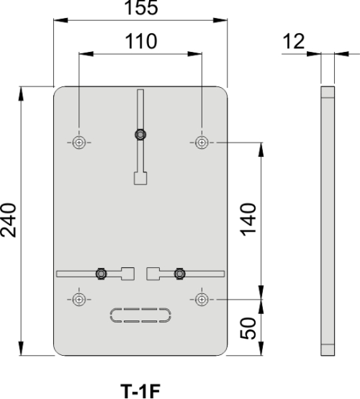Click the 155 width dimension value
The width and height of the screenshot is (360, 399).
[141, 9]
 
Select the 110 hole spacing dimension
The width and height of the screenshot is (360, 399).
[141, 41]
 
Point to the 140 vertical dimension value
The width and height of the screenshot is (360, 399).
[248, 220]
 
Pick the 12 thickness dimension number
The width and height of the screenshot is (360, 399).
[294, 41]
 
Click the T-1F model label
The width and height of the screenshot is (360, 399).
[140, 391]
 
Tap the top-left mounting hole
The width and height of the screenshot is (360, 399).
[79, 142]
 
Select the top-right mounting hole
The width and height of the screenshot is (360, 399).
[202, 142]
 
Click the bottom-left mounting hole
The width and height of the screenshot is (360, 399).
[79, 298]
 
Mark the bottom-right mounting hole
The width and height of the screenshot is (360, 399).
[202, 298]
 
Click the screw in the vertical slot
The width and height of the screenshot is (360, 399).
[140, 133]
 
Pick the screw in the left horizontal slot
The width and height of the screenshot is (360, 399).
[102, 273]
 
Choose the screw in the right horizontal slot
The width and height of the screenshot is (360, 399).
[179, 273]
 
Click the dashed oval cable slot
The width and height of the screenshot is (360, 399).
[140, 315]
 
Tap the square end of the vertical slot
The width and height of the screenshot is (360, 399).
[140, 178]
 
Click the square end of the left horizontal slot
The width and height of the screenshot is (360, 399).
[128, 273]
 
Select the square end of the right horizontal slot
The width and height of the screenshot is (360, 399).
[153, 273]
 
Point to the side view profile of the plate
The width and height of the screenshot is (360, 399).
[327, 221]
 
